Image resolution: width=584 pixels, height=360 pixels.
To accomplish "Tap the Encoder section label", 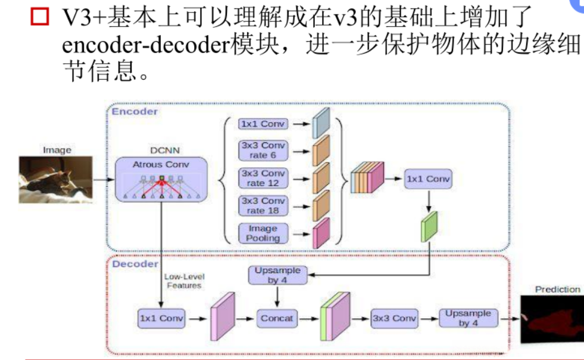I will (135, 111).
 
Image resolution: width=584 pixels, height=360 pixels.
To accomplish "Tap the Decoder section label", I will (135, 264).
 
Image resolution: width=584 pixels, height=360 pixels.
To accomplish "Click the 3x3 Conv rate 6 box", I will (263, 151).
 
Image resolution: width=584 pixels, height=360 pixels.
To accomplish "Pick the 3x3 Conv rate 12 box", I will (263, 178).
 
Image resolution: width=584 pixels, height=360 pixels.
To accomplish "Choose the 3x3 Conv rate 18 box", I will (263, 205).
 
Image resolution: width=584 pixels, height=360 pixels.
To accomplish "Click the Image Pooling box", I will (263, 233).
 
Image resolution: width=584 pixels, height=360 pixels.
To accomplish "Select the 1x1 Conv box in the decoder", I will (161, 318).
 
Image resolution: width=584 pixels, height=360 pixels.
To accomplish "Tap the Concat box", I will (277, 318).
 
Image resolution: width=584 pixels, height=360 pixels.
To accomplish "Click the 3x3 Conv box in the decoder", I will (394, 318).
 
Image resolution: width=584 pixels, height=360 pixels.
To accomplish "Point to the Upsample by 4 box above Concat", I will (277, 275).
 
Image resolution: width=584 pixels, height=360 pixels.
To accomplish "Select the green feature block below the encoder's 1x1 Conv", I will (429, 226).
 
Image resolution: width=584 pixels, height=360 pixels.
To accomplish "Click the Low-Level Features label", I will (183, 281).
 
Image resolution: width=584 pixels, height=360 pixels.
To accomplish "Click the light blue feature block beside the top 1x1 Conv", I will (322, 124).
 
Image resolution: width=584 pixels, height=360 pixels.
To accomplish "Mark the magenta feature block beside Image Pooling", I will (321, 232).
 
